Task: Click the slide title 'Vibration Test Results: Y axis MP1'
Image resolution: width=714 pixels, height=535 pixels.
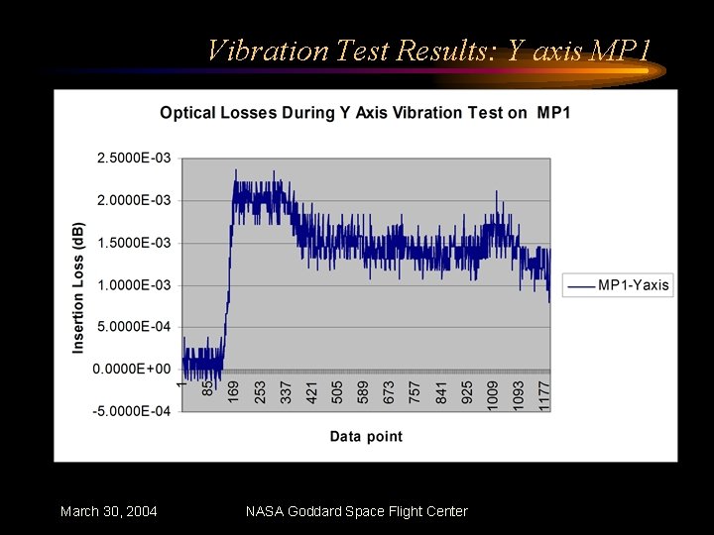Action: coord(428,50)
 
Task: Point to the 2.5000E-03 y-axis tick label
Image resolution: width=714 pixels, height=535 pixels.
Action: coord(133,158)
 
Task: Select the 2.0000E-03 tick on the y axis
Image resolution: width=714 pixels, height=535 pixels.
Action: coord(133,200)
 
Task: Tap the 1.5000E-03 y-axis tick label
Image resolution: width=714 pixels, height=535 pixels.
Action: coord(133,243)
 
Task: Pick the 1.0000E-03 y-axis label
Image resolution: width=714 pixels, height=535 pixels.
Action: coord(133,285)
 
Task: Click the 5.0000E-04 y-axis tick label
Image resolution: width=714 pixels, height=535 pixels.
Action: coord(133,327)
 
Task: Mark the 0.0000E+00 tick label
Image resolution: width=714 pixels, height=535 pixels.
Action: coord(133,370)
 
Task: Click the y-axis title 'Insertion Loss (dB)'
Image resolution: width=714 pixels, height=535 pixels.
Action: coord(78,287)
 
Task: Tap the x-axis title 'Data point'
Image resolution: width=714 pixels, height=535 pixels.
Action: coord(366,436)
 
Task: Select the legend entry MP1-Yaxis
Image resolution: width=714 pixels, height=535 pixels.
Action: coord(633,285)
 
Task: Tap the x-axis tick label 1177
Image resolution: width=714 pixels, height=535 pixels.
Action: coord(543,392)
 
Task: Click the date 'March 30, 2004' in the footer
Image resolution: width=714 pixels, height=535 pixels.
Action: coord(108,511)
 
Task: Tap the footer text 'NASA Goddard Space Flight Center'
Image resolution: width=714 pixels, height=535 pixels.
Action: coord(356,511)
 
